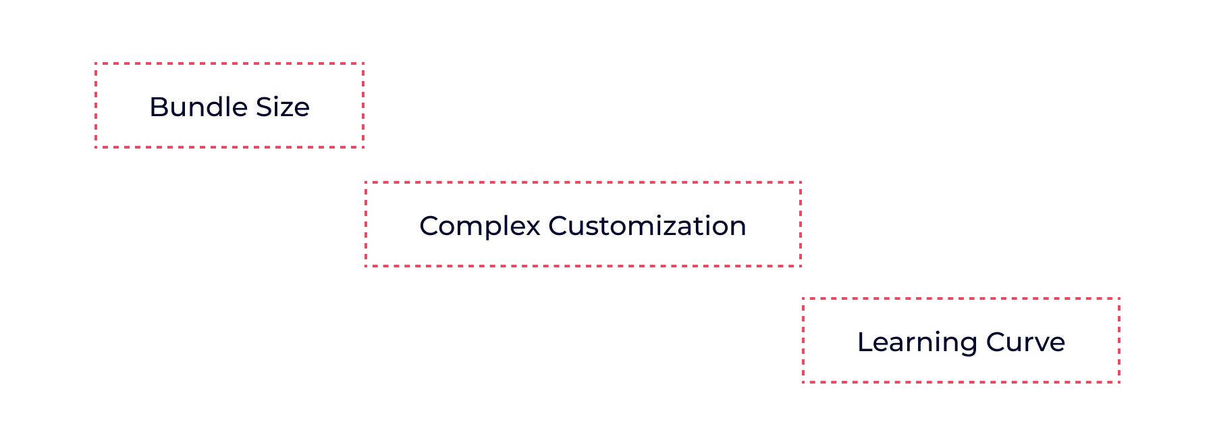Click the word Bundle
pos(193,107)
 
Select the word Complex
pos(479,226)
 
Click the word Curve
pos(1025,342)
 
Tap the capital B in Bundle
pos(157,107)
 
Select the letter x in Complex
pos(534,226)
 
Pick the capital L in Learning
pos(864,342)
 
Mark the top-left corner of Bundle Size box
pos(96,64)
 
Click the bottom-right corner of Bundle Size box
pos(363,147)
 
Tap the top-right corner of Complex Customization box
pos(801,182)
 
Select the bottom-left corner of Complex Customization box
pos(366,266)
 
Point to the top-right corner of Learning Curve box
pos(1119,298)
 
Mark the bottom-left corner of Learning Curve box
pos(803,382)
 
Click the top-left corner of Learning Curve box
pos(803,298)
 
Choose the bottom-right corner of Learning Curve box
pos(1119,382)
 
